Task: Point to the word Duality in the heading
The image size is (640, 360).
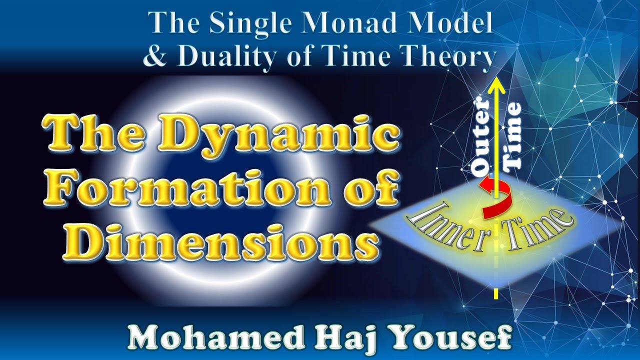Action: [234, 56]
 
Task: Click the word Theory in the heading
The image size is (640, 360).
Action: [444, 56]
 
